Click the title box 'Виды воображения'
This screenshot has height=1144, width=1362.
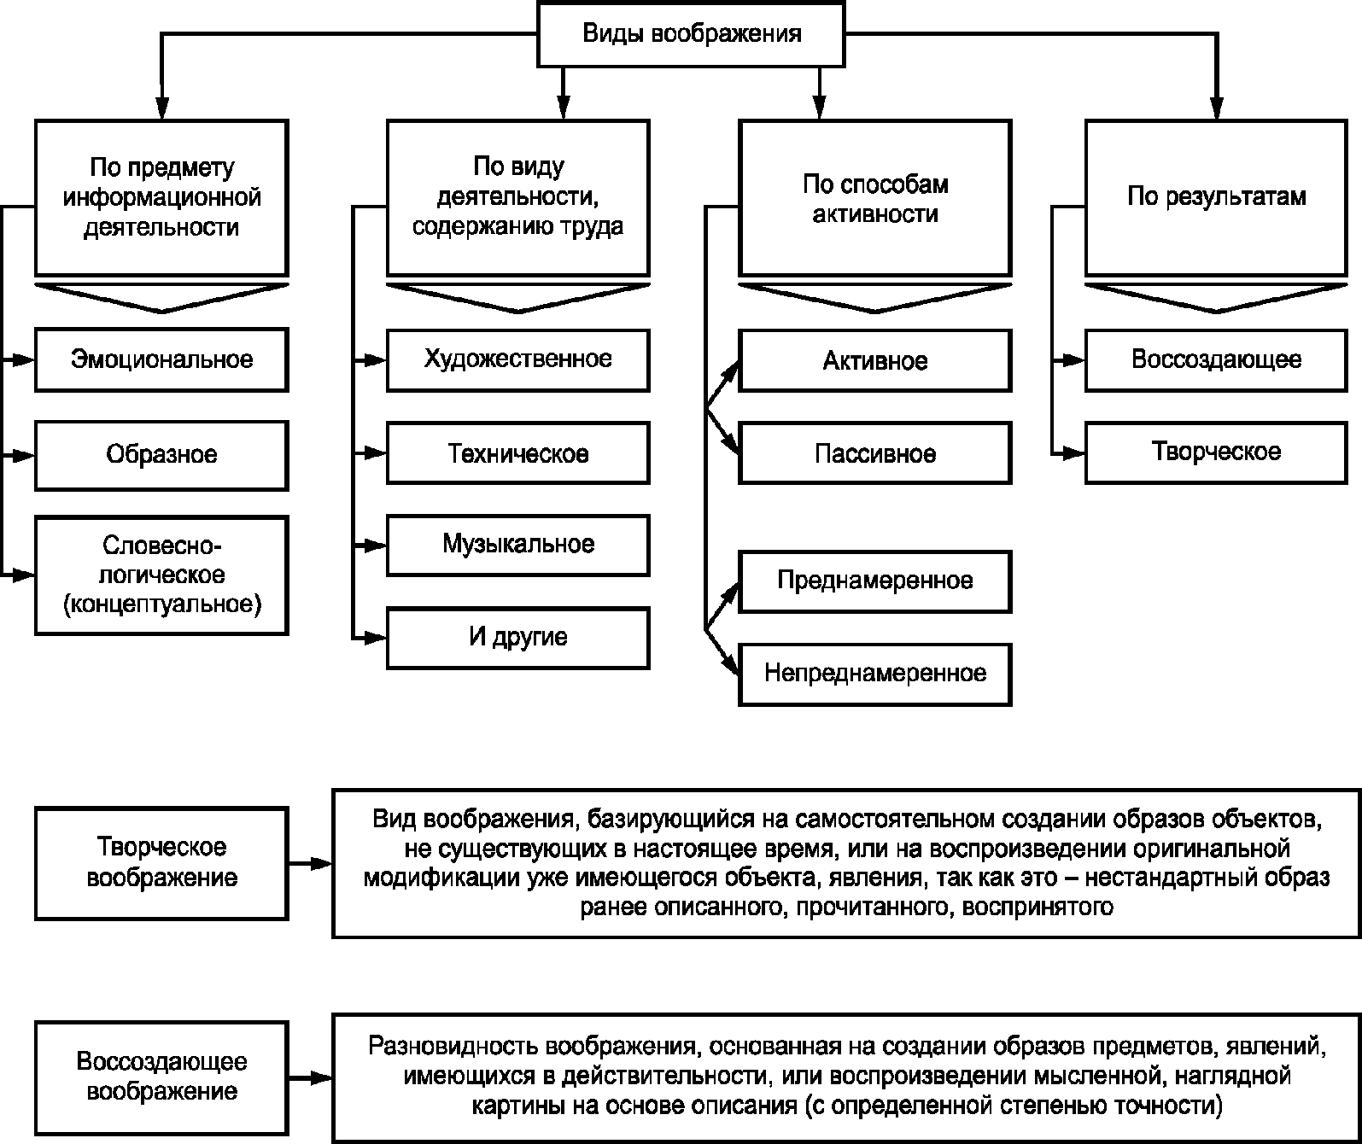tap(691, 34)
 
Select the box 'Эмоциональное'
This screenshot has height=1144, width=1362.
tap(161, 360)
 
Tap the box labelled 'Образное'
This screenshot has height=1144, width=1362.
tap(161, 455)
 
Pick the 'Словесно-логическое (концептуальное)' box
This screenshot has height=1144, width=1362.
tap(161, 575)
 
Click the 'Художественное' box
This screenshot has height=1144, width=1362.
tap(518, 360)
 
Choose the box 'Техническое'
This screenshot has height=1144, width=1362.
tap(518, 453)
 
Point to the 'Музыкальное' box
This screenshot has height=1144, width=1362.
tap(518, 546)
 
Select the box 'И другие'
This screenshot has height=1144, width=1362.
tap(518, 638)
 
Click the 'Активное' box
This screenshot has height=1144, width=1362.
tap(874, 360)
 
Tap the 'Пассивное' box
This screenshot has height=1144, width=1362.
tap(874, 453)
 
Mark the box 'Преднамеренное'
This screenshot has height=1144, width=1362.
tap(874, 581)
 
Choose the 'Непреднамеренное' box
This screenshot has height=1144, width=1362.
tap(874, 674)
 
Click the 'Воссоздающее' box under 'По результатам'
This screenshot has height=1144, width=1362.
tap(1216, 360)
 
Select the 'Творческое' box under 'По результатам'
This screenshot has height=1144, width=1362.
tap(1216, 452)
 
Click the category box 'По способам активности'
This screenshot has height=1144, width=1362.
tap(874, 198)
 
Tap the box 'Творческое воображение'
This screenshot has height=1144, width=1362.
tap(161, 863)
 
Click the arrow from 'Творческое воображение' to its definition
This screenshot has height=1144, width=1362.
tap(311, 864)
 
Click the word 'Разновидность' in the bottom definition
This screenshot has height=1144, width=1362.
tap(454, 1047)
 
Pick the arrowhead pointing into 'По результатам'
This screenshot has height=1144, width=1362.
tap(1216, 108)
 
